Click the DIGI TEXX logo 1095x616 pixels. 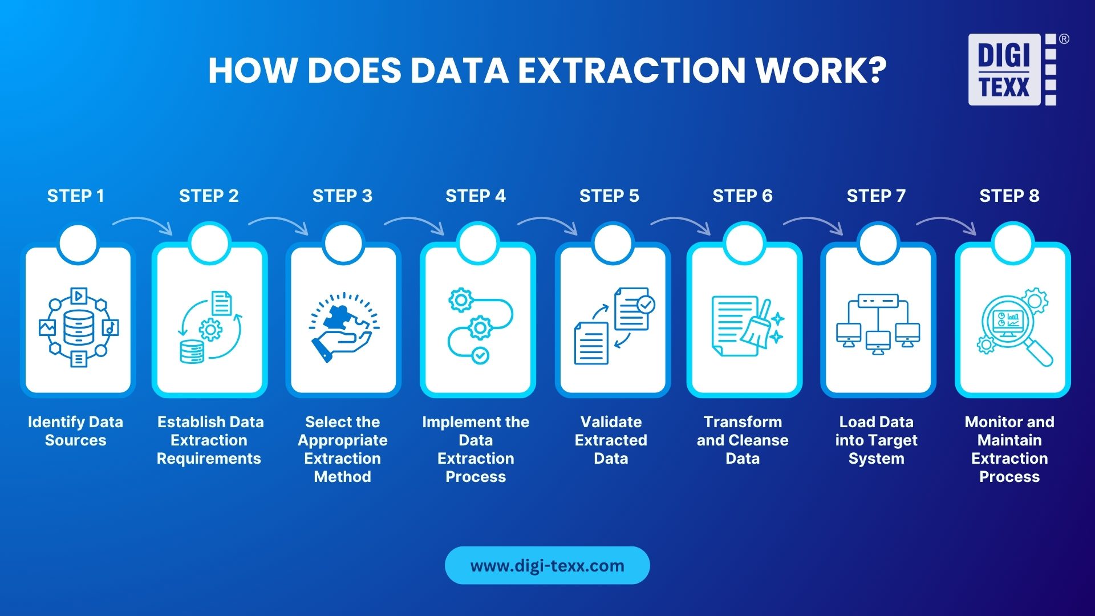coord(1011,70)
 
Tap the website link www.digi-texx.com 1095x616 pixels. coord(547,565)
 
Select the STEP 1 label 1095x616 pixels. coord(75,196)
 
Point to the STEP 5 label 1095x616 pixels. coord(609,196)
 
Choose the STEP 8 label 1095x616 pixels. coord(1009,196)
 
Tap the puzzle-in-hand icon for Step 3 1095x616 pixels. coord(343,327)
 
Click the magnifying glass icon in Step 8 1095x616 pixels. coord(1015,327)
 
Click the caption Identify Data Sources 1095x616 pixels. coord(75,431)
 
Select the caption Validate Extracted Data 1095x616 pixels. coord(611,440)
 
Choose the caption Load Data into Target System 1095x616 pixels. coord(876,440)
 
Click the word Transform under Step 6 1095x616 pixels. coord(743,422)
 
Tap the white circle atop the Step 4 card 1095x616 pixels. coord(478,243)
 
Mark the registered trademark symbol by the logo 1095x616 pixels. coord(1064,39)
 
